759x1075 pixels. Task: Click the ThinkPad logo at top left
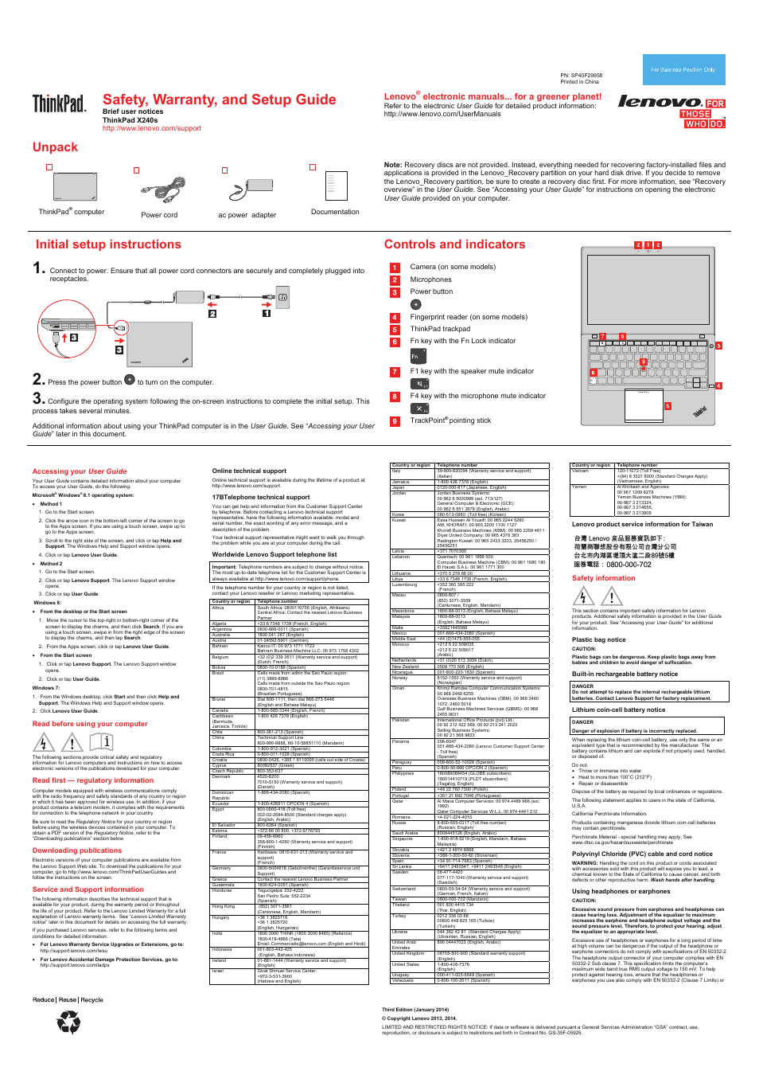(59, 104)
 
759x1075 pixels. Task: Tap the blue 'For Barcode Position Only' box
(683, 70)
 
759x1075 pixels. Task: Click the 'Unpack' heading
(55, 147)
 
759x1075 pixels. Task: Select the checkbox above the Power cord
(137, 170)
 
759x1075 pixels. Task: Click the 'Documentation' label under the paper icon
(335, 212)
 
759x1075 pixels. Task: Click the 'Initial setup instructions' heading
(108, 244)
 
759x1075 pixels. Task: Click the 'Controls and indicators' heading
(454, 244)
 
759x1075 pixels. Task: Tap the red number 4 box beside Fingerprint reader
(394, 318)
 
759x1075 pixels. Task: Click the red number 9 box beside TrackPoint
(394, 421)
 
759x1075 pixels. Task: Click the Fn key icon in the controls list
(416, 357)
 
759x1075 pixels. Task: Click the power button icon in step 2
(130, 380)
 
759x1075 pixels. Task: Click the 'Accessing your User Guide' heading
(80, 471)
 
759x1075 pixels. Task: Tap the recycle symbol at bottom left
(68, 1022)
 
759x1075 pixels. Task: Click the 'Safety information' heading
(603, 578)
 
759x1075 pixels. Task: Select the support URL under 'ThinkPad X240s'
(151, 128)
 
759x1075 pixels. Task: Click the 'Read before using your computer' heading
(90, 724)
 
